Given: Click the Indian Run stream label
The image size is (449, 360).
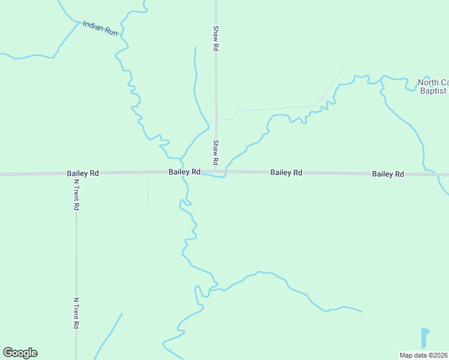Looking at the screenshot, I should pos(100,28).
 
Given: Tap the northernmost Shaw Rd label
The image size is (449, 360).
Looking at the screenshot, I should pos(215,38).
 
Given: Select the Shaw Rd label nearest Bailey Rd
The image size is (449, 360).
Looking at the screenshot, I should pos(214,153).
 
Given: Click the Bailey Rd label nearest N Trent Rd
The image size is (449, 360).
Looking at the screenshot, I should pos(83,173).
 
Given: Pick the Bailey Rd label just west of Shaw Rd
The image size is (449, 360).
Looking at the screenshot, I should pos(184,172).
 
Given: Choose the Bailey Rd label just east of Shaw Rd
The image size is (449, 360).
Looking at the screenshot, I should pos(286,173).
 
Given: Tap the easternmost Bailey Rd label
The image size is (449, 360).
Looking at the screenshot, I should pos(388,174).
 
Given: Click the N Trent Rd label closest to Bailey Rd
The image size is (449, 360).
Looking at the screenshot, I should pos(76,194).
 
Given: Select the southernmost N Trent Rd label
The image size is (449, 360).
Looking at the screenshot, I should pos(76,313).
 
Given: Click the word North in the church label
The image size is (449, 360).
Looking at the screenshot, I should pos(428,82).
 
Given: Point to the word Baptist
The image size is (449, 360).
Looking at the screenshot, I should pos(433,91).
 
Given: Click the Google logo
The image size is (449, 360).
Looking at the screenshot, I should pos(20,353).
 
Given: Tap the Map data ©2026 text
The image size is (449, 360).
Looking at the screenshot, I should pos(424,355).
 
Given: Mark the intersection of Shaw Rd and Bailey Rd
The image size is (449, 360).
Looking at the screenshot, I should pos(215,172).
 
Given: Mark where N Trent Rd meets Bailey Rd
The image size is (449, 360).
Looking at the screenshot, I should pos(76,174).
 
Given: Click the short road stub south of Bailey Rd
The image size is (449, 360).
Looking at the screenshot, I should pos(148,190).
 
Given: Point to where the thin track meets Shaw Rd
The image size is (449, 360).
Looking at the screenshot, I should pos(216,120).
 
